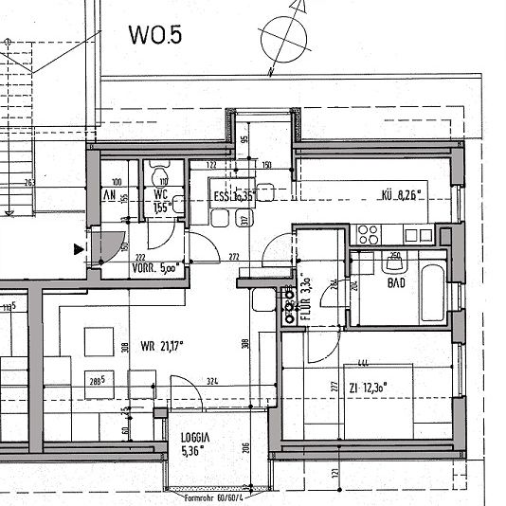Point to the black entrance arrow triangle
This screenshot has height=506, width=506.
[78, 249]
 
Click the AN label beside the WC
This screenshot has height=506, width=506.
[108, 195]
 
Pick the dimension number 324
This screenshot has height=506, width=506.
[212, 382]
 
